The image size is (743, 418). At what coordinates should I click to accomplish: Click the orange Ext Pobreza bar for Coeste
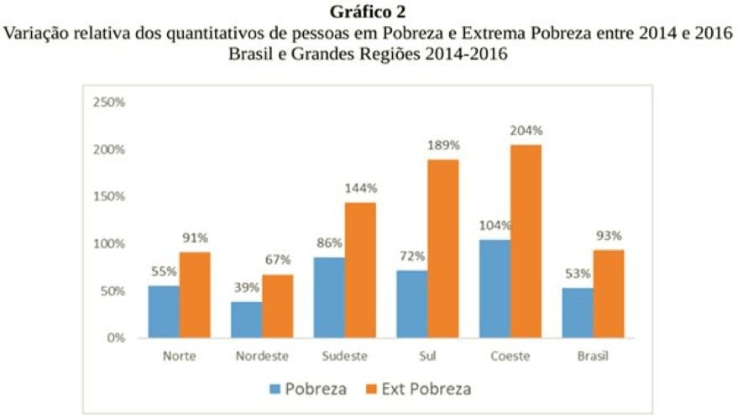[x=526, y=241]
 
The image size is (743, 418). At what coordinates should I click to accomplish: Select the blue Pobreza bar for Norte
[x=164, y=311]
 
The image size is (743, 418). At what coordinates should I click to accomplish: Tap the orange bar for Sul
[x=443, y=248]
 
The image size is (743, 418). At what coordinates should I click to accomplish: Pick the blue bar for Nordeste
[x=246, y=320]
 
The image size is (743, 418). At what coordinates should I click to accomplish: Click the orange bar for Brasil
[x=609, y=294]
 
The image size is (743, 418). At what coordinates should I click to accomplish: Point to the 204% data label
[x=526, y=131]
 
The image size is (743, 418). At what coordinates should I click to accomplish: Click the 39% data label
[x=247, y=287]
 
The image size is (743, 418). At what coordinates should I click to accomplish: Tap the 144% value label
[x=360, y=188]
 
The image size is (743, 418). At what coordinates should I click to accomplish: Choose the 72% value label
[x=411, y=256]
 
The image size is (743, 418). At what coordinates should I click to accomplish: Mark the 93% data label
[x=610, y=236]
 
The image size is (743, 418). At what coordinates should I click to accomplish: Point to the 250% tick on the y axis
[x=109, y=102]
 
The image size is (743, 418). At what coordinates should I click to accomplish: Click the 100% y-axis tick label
[x=109, y=243]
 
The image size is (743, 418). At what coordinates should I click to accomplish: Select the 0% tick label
[x=115, y=338]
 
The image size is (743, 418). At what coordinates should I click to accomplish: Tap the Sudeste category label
[x=344, y=356]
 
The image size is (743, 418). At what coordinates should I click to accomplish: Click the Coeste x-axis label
[x=510, y=356]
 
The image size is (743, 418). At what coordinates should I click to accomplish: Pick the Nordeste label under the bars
[x=261, y=356]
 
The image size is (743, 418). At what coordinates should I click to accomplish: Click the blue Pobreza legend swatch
[x=275, y=389]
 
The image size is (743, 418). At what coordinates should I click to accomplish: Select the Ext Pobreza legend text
[x=426, y=389]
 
